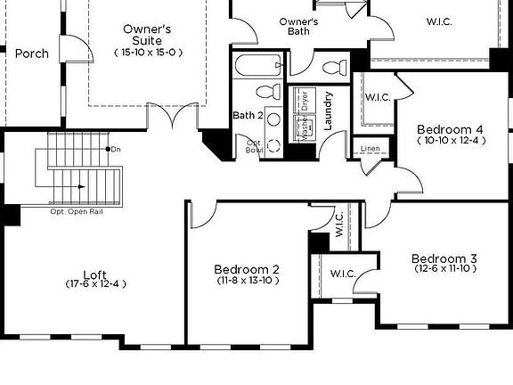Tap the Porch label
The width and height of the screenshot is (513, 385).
(32, 53)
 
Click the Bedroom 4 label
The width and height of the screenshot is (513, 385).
(450, 129)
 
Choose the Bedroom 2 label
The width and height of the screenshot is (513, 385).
(247, 268)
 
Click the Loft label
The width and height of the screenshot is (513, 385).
(95, 274)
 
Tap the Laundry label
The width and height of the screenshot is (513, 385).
(328, 111)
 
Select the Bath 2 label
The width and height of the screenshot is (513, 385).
(247, 115)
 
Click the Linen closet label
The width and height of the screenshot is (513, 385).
(370, 148)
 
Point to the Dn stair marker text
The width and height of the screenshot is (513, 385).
(116, 149)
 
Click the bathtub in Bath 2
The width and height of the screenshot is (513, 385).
(258, 66)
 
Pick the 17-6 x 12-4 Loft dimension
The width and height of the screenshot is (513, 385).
(96, 284)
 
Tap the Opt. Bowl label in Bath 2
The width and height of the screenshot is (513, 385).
(253, 146)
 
